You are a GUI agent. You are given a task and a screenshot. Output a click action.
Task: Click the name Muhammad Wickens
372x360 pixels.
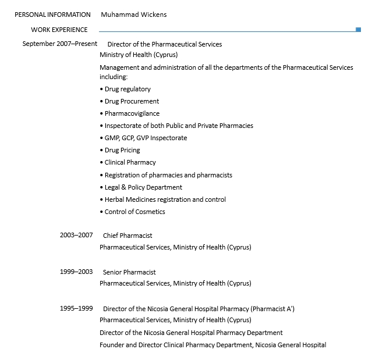click(x=133, y=15)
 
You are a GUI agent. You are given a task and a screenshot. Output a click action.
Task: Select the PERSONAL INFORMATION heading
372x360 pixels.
click(x=52, y=15)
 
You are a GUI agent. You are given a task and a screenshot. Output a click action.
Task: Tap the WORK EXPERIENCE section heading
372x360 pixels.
click(x=59, y=30)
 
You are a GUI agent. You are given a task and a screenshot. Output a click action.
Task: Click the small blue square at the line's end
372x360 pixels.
click(x=358, y=29)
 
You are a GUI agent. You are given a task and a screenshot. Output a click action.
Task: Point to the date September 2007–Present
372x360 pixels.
click(x=60, y=44)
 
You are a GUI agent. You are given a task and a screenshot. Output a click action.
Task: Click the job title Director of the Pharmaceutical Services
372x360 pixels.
click(x=165, y=44)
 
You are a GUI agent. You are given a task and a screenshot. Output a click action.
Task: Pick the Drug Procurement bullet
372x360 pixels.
click(x=132, y=101)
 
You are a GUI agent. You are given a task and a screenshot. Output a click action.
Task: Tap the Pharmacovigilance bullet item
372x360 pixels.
click(x=132, y=113)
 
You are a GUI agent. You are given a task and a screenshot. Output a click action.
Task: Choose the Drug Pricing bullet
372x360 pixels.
click(x=122, y=150)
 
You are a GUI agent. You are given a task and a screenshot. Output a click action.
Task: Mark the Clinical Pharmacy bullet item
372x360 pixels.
click(x=130, y=162)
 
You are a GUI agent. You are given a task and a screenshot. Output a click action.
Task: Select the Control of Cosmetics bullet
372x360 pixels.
click(x=134, y=212)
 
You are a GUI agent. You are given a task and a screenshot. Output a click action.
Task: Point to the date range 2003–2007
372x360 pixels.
click(x=76, y=236)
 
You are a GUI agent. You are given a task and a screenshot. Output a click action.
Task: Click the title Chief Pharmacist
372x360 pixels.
click(x=127, y=236)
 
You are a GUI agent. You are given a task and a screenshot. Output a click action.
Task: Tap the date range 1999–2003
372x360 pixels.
click(x=76, y=272)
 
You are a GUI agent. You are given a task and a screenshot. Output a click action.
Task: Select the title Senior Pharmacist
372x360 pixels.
click(x=129, y=272)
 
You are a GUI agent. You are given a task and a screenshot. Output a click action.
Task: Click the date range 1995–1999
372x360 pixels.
click(x=76, y=308)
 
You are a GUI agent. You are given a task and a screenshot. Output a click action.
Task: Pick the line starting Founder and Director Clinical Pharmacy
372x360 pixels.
click(x=212, y=345)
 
